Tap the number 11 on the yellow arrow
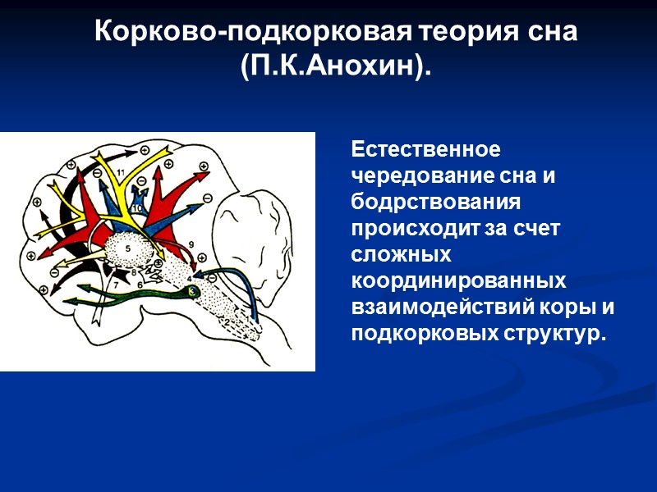[x=120, y=172]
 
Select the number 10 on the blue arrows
[x=137, y=208]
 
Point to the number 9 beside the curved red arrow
[x=191, y=244]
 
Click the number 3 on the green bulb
[x=192, y=290]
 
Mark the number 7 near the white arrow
[x=116, y=284]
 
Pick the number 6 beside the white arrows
[x=140, y=284]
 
